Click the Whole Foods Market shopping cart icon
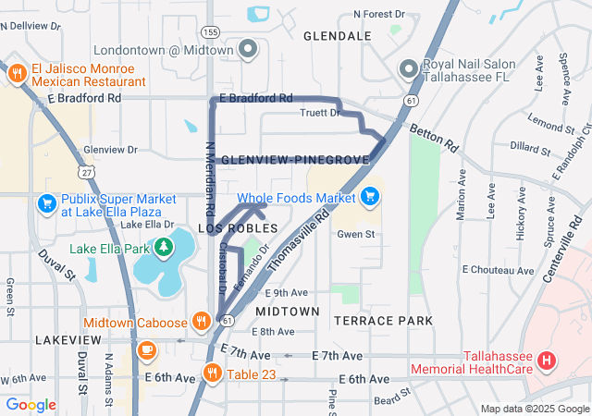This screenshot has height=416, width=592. pos(370,197)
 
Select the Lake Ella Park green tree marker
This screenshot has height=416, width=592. pos(164,247)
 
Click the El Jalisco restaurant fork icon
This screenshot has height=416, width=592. pos(16,74)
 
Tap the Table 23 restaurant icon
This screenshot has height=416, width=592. pos(212,373)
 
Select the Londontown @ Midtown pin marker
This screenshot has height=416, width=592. pos(247,49)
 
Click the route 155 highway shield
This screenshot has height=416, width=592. pos(211,31)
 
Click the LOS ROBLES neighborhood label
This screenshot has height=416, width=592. pos(238,227)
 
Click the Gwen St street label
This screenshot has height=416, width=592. pos(355,235)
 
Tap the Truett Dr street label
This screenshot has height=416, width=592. pos(321,113)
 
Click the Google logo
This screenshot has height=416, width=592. pos(31,405)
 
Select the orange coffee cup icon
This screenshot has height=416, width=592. pos(146,351)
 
